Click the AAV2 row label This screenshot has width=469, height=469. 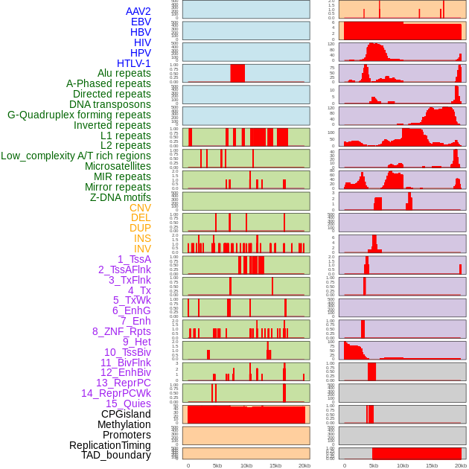138,11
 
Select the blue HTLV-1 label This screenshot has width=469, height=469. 134,63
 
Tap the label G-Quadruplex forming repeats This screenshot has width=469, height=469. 79,115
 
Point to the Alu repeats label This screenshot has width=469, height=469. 124,73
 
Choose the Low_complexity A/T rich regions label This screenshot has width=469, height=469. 76,156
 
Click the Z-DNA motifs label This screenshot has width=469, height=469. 121,197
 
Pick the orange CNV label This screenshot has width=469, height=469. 140,208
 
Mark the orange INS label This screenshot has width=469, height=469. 142,238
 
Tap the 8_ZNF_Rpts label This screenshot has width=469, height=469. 121,331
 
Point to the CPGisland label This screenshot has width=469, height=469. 126,414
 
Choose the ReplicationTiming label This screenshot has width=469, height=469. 110,445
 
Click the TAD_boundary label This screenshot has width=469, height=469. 116,455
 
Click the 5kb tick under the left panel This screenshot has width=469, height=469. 217,465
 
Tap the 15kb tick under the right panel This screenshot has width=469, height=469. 432,465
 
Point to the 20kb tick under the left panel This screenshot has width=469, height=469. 304,465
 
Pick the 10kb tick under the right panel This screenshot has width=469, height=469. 403,465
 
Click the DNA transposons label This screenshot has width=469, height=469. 110,104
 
